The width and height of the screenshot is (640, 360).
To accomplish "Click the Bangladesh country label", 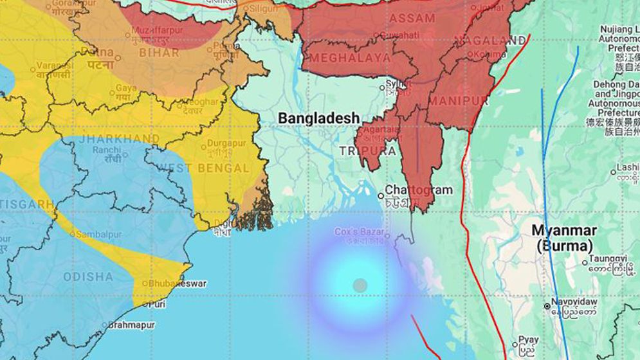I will (318, 119).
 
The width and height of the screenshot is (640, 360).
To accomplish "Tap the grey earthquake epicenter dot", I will (360, 285).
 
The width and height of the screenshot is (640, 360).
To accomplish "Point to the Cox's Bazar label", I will (360, 231).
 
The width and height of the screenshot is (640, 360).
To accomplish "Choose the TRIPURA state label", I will (367, 151).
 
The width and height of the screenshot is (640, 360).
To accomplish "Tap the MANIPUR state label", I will (459, 102).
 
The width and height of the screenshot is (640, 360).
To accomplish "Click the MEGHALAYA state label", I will (350, 58).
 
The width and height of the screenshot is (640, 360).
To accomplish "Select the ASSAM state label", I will (412, 18).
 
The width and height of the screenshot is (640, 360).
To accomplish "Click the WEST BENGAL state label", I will (203, 168).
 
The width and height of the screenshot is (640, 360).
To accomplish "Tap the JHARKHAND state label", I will (120, 139).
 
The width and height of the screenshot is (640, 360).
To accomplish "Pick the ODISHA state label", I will (87, 277).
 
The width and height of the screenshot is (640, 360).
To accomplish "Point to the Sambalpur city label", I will (98, 235).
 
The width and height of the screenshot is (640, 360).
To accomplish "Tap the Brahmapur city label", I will (131, 325).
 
